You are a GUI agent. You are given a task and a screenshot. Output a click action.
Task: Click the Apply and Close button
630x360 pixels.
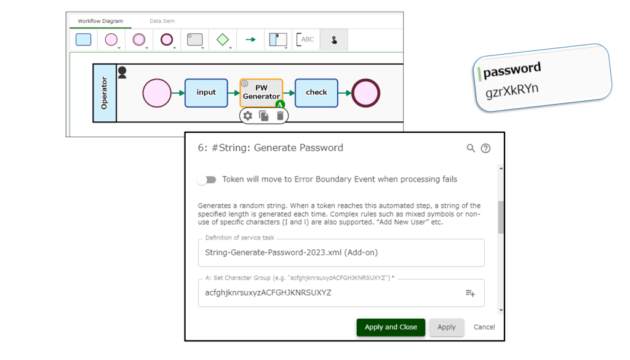[391, 327]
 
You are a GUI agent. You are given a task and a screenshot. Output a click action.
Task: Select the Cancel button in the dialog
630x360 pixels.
[484, 327]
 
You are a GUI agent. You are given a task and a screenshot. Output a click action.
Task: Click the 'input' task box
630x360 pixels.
[206, 93]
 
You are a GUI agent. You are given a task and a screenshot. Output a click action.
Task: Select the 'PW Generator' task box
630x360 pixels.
[261, 93]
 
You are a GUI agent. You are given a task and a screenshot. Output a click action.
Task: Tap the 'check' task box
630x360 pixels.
[316, 93]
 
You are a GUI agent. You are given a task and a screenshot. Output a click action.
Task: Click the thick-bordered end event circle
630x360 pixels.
[365, 93]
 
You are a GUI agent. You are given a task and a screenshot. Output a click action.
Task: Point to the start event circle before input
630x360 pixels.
[157, 93]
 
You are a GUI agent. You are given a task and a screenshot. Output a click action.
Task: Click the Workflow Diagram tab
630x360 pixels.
[100, 21]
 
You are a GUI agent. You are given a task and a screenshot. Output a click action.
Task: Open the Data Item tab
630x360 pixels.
[162, 21]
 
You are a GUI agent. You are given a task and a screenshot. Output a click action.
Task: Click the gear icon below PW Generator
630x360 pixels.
[248, 116]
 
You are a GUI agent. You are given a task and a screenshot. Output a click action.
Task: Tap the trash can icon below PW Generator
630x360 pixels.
[280, 116]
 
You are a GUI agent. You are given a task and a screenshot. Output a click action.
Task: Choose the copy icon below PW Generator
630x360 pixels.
[263, 116]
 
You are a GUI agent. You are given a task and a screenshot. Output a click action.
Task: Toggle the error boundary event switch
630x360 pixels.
[207, 180]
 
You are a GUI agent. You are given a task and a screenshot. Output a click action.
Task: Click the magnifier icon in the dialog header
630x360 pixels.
[471, 148]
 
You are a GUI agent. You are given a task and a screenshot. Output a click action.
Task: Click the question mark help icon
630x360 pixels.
[486, 148]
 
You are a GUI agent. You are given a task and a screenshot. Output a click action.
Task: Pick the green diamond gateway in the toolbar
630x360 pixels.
[223, 39]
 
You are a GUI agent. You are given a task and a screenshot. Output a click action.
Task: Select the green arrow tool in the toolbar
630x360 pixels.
[250, 39]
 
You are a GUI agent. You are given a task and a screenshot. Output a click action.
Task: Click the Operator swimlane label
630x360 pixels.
[105, 93]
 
